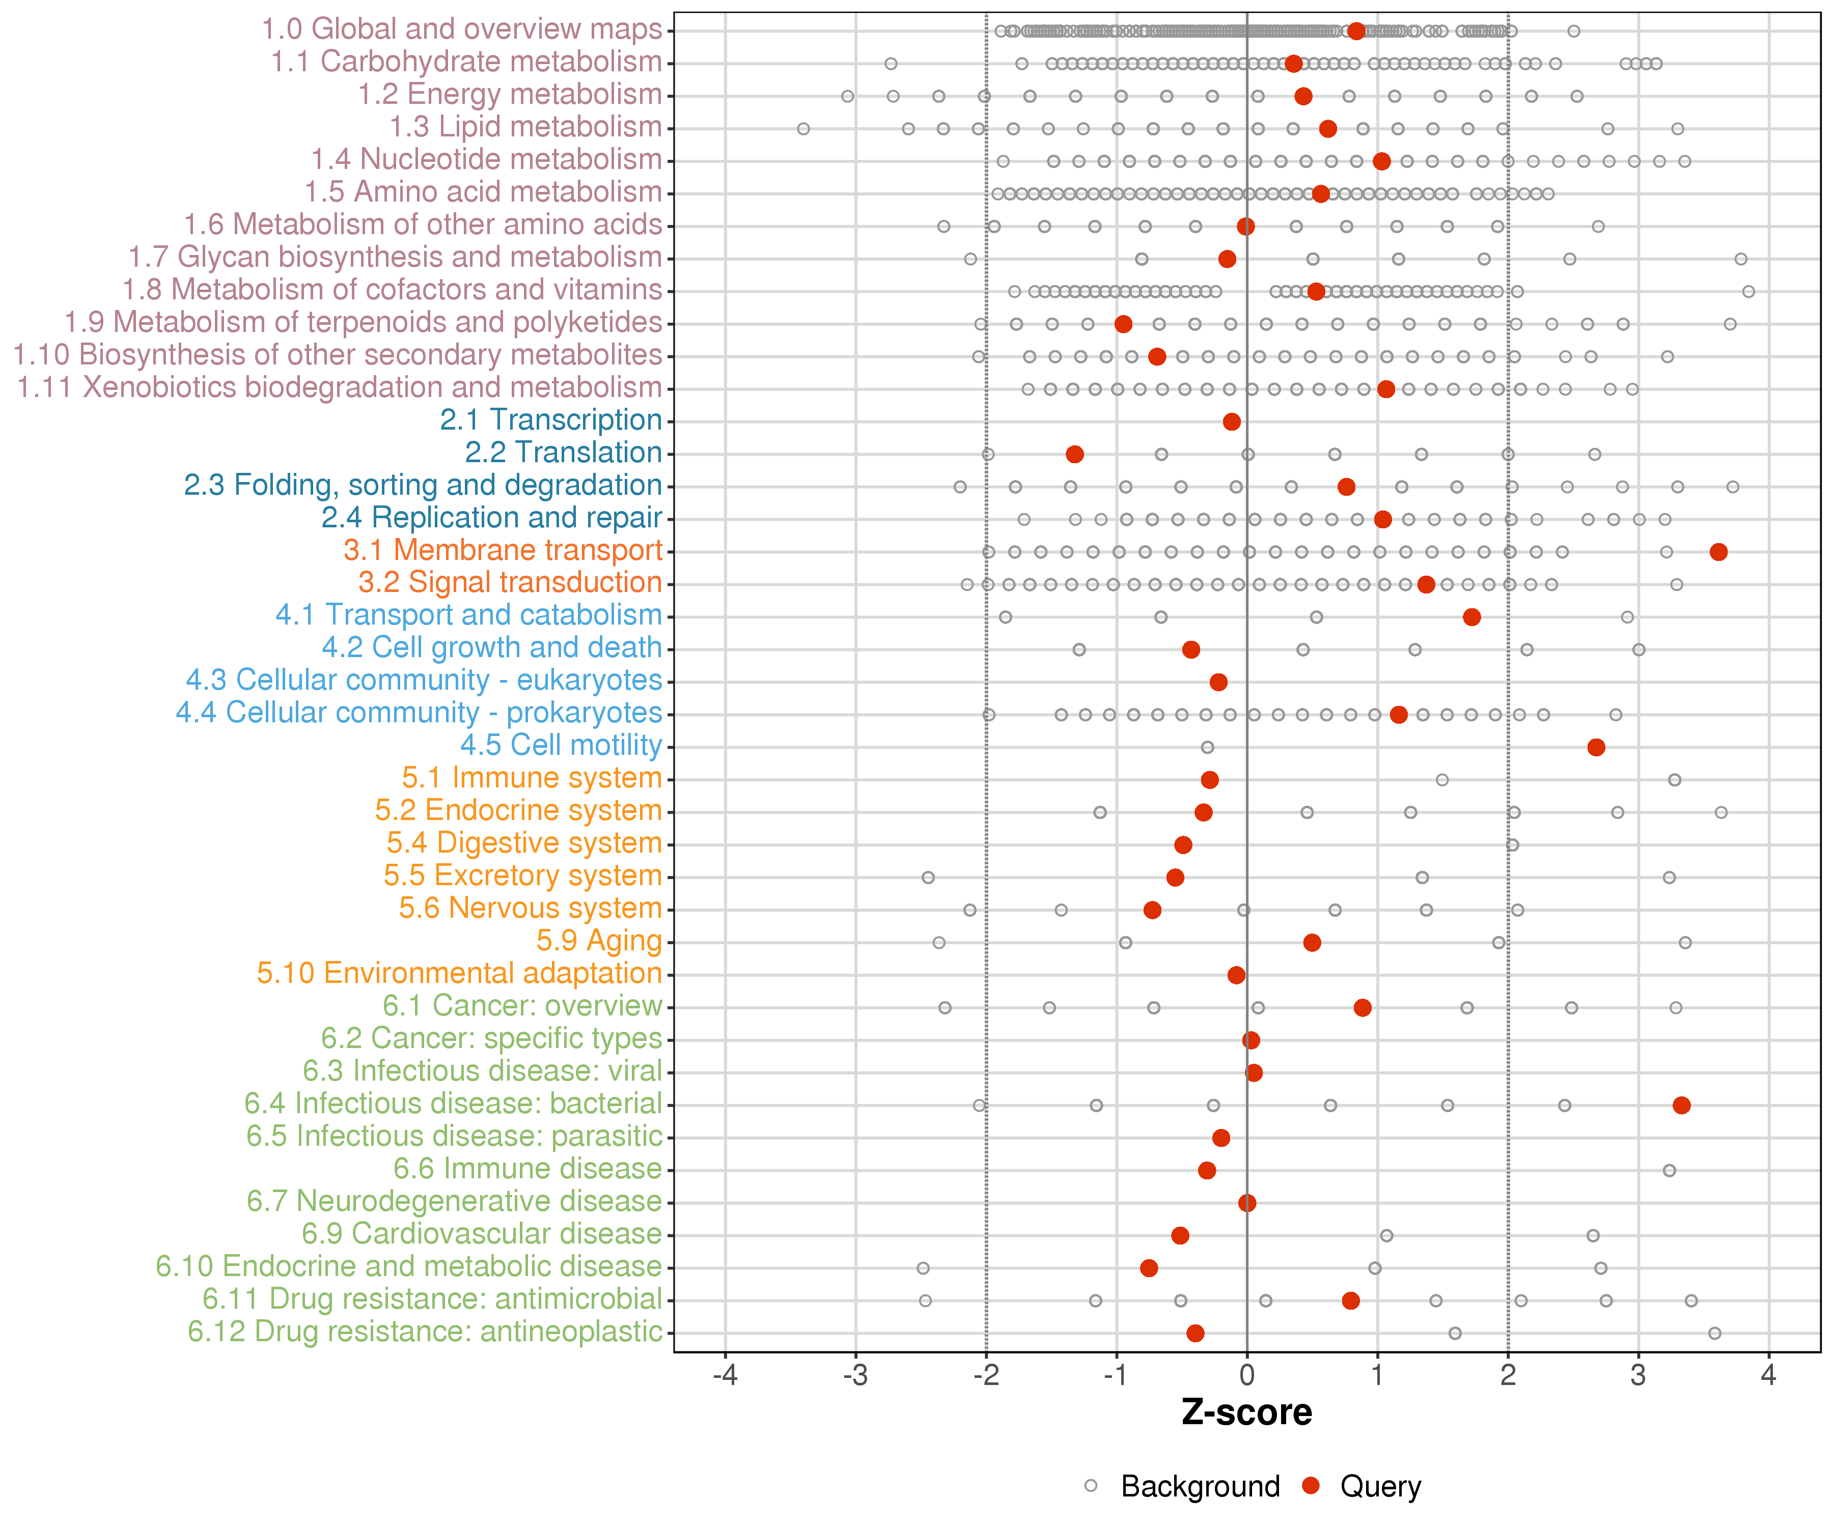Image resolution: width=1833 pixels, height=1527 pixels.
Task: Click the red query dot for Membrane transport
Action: [x=1718, y=551]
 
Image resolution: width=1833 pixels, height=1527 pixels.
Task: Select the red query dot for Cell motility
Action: [x=1596, y=747]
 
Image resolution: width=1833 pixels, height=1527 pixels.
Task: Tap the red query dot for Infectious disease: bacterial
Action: [x=1682, y=1106]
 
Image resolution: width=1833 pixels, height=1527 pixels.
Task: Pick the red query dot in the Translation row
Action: [x=1074, y=454]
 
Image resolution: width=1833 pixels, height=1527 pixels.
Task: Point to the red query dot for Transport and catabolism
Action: [x=1471, y=617]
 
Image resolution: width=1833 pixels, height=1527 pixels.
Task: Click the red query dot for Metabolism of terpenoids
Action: [x=1123, y=324]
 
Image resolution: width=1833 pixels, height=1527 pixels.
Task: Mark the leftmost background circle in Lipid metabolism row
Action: [x=803, y=129]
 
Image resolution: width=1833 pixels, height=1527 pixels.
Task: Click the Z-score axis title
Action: [x=1246, y=1412]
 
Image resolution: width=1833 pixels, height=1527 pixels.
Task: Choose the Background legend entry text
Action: [x=1200, y=1486]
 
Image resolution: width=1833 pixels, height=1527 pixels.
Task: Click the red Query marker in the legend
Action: [x=1310, y=1485]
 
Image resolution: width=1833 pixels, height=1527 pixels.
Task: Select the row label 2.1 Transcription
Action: [x=551, y=420]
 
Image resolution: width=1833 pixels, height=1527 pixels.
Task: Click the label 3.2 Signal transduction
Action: [x=510, y=582]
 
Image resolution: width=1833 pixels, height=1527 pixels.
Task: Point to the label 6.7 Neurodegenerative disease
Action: [x=454, y=1202]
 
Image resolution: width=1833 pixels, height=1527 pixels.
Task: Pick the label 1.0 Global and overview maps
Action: [x=462, y=29]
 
